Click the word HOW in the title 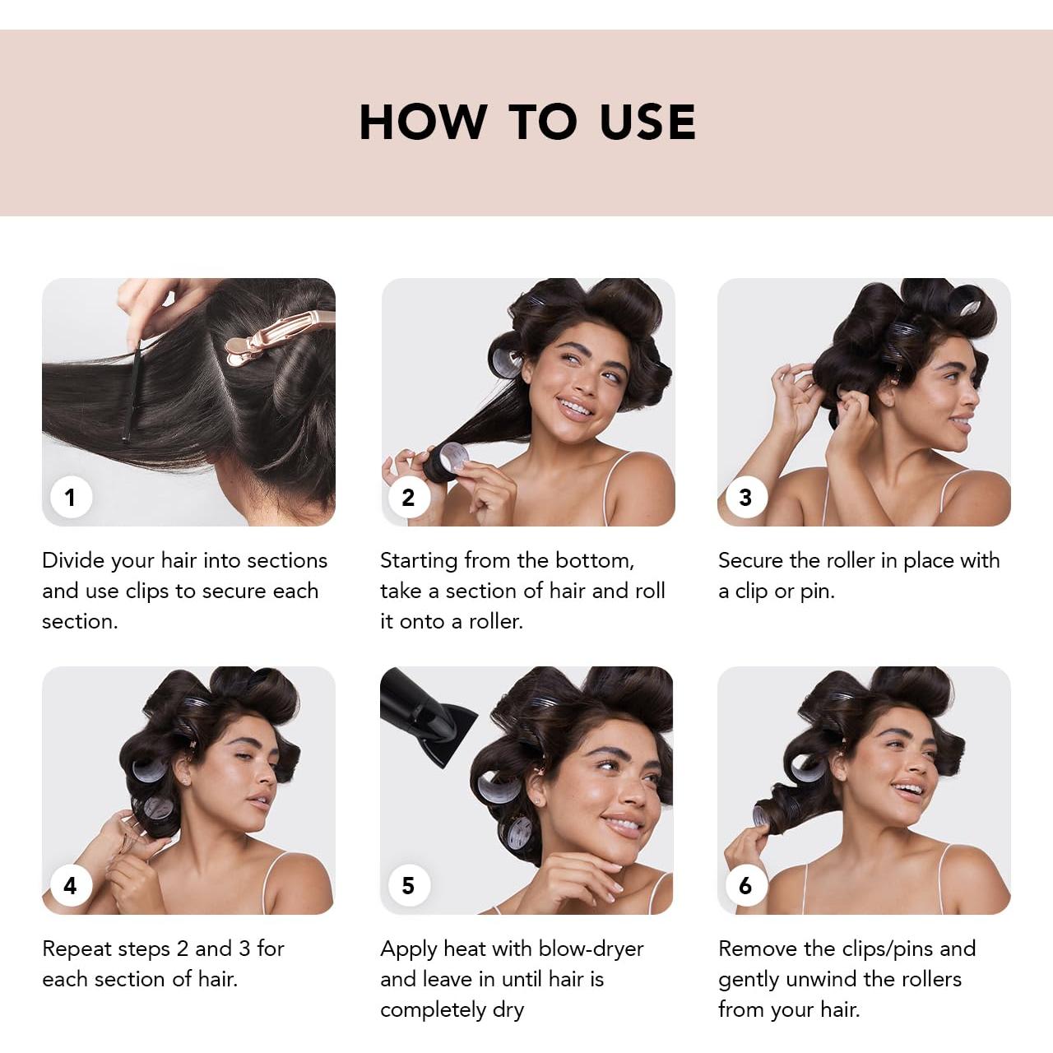423,123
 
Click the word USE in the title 647,123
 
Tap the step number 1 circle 70,497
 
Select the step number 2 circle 408,497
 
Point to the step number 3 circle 745,497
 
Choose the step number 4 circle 70,885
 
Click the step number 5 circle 408,885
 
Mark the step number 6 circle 745,885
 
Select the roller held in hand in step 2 448,461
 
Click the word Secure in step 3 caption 749,560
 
